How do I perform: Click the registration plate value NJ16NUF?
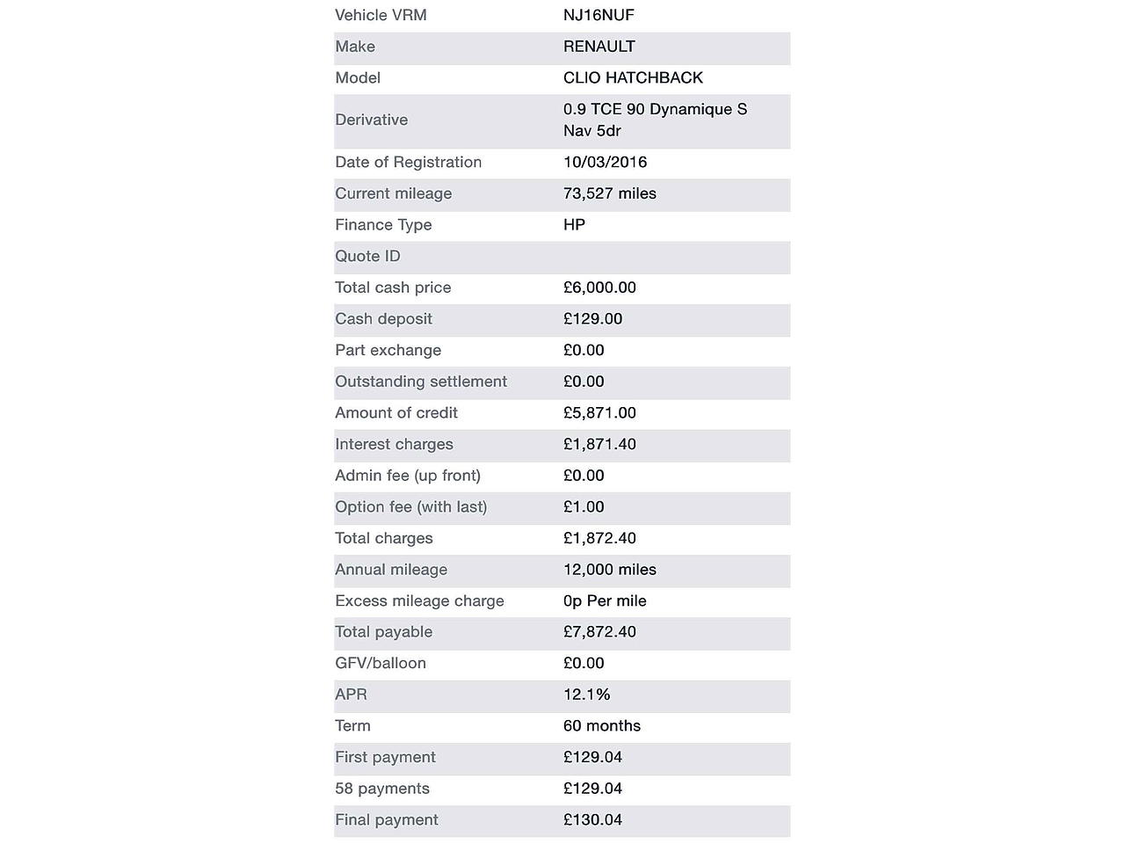599,15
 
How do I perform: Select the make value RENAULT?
599,47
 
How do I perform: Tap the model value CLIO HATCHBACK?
633,77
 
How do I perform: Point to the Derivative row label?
371,120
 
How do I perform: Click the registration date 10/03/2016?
605,162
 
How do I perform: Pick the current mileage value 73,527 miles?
609,193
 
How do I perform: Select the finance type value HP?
574,224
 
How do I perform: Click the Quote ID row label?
367,256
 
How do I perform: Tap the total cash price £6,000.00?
599,287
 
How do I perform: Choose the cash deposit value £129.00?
592,318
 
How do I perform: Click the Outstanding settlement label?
421,382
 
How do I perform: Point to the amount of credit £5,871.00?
599,412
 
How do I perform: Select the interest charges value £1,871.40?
599,444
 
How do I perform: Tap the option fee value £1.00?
584,506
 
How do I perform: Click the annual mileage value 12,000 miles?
609,570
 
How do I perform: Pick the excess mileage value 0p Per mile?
605,600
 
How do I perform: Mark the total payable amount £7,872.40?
599,631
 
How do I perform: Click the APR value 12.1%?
586,695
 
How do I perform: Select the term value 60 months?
601,725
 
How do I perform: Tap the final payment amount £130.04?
592,819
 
